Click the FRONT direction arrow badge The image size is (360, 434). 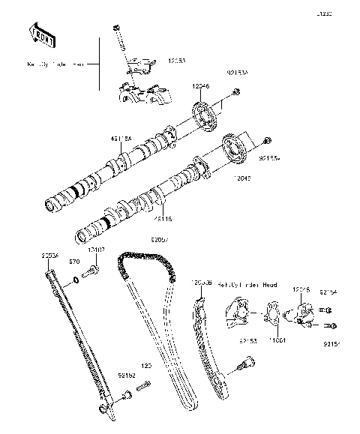pos(41,32)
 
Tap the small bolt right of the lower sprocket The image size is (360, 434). pos(268,140)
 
